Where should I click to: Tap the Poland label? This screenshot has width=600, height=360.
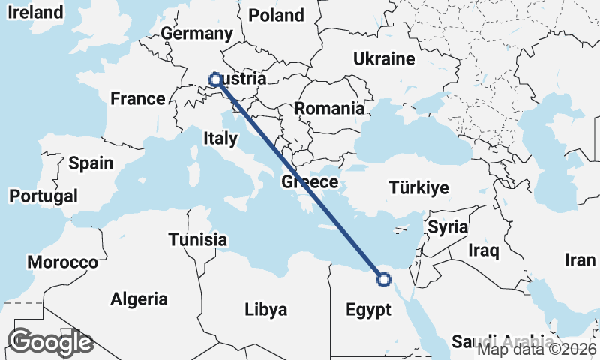coord(276,15)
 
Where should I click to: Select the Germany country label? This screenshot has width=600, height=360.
coord(197,34)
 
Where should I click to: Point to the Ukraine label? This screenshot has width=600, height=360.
coord(384,59)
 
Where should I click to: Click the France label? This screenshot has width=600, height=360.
coord(137,98)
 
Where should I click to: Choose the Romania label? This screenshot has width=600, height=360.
coord(329,108)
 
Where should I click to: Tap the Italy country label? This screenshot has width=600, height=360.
coord(220,139)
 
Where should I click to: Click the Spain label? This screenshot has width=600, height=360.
coord(91,163)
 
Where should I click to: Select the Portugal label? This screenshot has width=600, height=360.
coord(43,196)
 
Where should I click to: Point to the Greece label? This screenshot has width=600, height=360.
coord(310,182)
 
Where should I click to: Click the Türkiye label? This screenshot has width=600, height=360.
coord(418,188)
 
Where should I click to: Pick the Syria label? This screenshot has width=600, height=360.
coord(448,226)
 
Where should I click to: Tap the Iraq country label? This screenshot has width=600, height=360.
coord(484,249)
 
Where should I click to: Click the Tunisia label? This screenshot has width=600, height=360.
coord(197,240)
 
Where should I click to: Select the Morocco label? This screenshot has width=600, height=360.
coord(62,262)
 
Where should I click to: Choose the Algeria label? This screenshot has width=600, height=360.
coord(139,299)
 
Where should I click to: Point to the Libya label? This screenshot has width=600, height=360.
coord(266,309)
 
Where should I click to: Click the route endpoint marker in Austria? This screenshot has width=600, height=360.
coord(215,79)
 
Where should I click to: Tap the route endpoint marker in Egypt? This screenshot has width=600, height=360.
coord(384,280)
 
